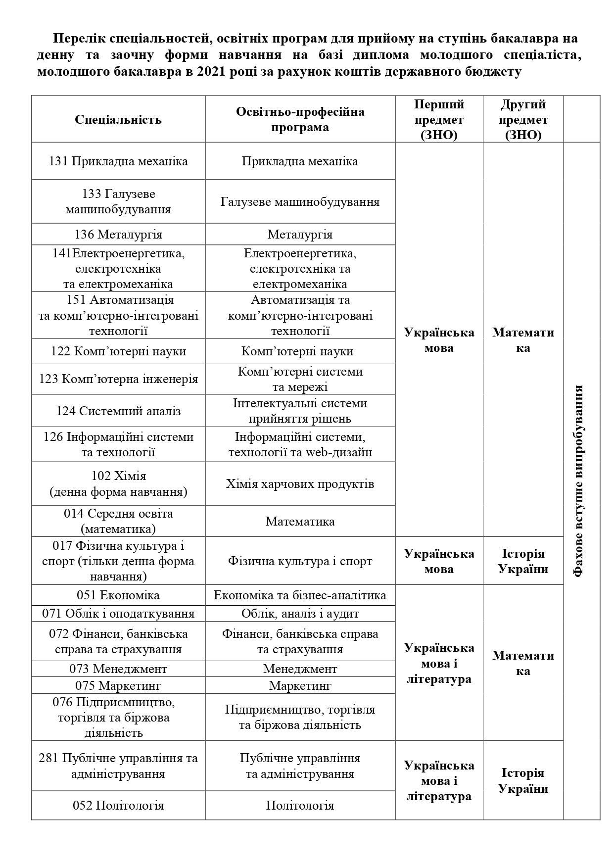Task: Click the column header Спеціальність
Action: (x=118, y=120)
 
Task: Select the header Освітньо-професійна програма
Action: (x=300, y=119)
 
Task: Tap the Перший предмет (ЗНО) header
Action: (x=439, y=120)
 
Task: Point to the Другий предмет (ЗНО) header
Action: (x=523, y=120)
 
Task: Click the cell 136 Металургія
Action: (x=118, y=234)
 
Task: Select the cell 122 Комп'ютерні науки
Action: (x=118, y=351)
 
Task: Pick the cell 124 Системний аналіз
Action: (x=118, y=411)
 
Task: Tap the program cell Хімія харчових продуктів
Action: (x=300, y=483)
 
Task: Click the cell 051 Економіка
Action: (x=118, y=595)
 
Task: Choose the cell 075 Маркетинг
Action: (x=118, y=685)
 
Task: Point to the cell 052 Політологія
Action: (x=118, y=805)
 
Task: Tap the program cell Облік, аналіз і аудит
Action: (x=300, y=614)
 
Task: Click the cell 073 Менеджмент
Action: (x=118, y=669)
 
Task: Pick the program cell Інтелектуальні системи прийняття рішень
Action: (x=300, y=411)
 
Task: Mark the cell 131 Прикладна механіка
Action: (x=118, y=161)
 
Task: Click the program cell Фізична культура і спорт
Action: (x=300, y=561)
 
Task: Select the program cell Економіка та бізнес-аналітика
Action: (x=300, y=595)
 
